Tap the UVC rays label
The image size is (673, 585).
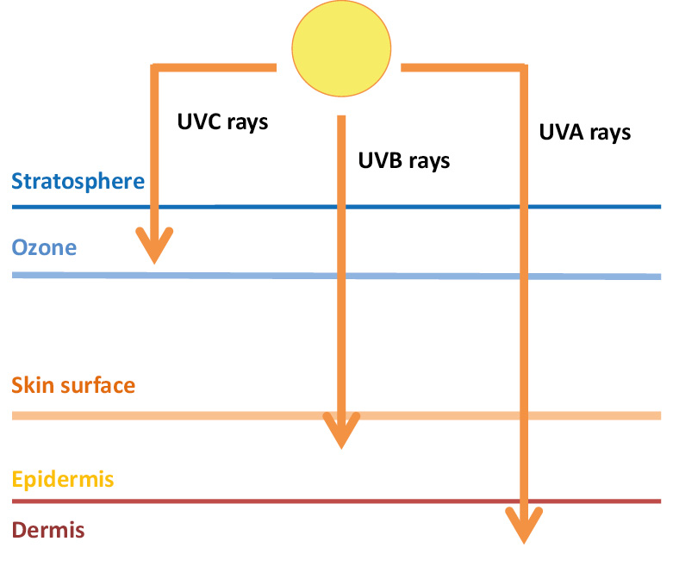tap(222, 122)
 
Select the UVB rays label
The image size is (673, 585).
tap(403, 160)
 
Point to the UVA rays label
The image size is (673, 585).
tap(584, 133)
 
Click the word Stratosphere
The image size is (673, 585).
tap(78, 181)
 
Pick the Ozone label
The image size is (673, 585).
tap(44, 248)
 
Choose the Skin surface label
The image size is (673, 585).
tap(73, 384)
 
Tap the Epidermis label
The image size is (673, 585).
tap(63, 479)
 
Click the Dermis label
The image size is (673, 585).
tap(48, 529)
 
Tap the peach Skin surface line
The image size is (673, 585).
tap(215, 416)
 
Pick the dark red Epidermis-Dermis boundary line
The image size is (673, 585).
tap(259, 501)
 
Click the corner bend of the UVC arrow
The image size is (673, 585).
tap(154, 68)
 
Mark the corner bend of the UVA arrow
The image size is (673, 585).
tap(523, 68)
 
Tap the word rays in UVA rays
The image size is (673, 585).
tap(608, 134)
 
